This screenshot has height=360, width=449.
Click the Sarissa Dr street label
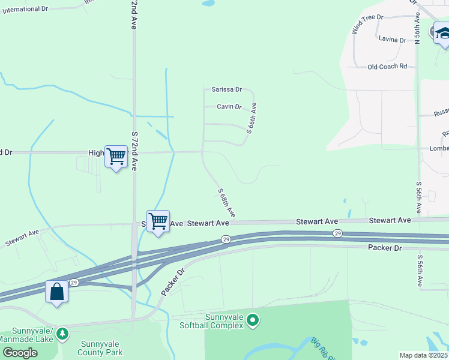point(226,89)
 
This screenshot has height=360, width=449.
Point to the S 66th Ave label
point(252,118)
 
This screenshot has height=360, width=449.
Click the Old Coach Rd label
point(387,67)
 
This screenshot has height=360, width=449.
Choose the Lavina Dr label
point(393,39)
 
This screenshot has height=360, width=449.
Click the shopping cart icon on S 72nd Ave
point(116,157)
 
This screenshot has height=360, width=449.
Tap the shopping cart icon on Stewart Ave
point(158,221)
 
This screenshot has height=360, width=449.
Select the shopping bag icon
point(56,292)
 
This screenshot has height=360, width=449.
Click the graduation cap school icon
point(442,32)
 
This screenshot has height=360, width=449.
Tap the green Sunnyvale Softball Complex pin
point(253,321)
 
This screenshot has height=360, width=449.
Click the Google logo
point(19,353)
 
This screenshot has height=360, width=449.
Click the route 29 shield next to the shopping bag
point(74,282)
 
